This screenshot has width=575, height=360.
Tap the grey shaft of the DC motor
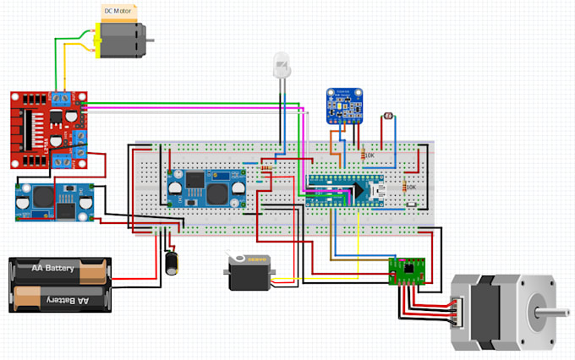tap(151, 39)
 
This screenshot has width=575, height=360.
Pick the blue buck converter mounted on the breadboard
tap(206, 187)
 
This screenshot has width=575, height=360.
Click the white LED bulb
tap(282, 65)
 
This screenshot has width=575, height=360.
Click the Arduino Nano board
tap(345, 190)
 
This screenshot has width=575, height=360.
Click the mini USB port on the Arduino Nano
tap(378, 190)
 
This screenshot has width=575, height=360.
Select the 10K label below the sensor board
tap(369, 155)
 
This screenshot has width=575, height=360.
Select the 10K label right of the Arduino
tap(410, 187)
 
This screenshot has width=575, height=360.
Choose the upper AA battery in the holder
tap(62, 270)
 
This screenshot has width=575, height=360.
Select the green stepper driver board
tap(407, 272)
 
